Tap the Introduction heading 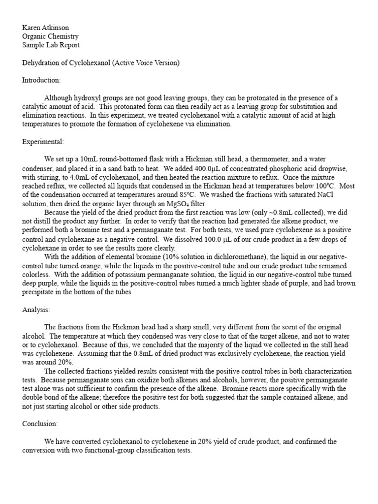point(41,80)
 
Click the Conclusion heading point(40,423)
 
